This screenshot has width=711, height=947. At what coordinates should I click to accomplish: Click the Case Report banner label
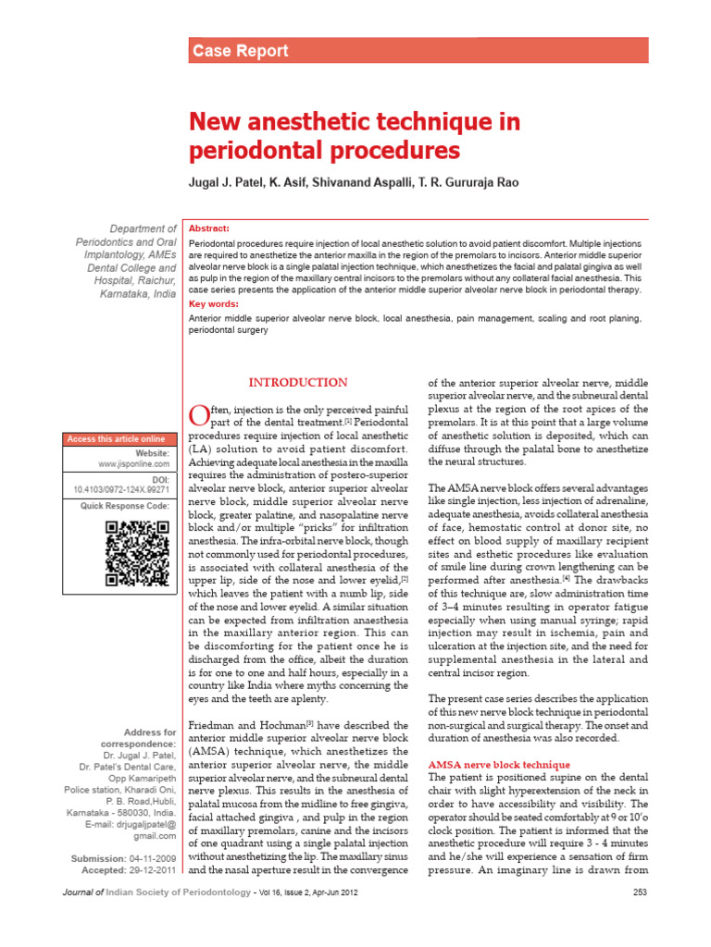240,52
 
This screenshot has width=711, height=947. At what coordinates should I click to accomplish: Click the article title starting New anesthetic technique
355,136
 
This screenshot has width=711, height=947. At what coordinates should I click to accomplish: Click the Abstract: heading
209,228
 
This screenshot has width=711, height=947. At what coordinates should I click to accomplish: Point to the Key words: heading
212,303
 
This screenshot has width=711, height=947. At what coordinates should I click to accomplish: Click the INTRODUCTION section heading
299,383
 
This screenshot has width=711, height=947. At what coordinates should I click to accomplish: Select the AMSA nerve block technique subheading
499,765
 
